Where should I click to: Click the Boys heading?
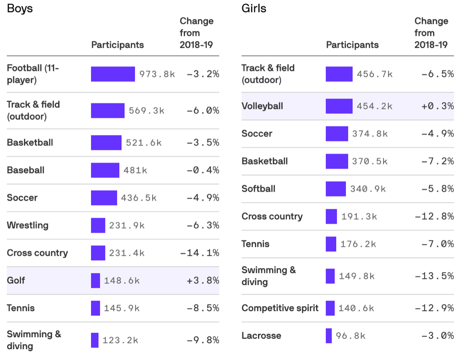pos(20,8)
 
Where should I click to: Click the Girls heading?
pos(254,8)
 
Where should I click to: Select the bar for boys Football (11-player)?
pos(113,74)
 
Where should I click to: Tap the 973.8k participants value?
pos(157,74)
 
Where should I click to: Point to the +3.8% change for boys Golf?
pos(203,280)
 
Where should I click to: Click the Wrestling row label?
pos(28,225)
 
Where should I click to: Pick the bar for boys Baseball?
pos(105,170)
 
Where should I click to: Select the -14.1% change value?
pos(200,253)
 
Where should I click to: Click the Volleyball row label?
pos(262,106)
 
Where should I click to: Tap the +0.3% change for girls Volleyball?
pos(438,106)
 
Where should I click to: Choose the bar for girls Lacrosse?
pos(329,336)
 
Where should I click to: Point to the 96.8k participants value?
pos(351,336)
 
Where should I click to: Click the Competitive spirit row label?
pos(280,308)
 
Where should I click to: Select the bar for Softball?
pos(335,189)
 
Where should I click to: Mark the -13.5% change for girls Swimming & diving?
pos(434,276)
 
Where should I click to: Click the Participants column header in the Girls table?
pos(352,45)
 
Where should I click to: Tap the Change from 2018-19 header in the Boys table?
pos(196,33)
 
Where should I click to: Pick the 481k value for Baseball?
pos(135,170)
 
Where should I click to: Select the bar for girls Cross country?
pos(331,216)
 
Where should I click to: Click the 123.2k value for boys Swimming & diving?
pos(120,340)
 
